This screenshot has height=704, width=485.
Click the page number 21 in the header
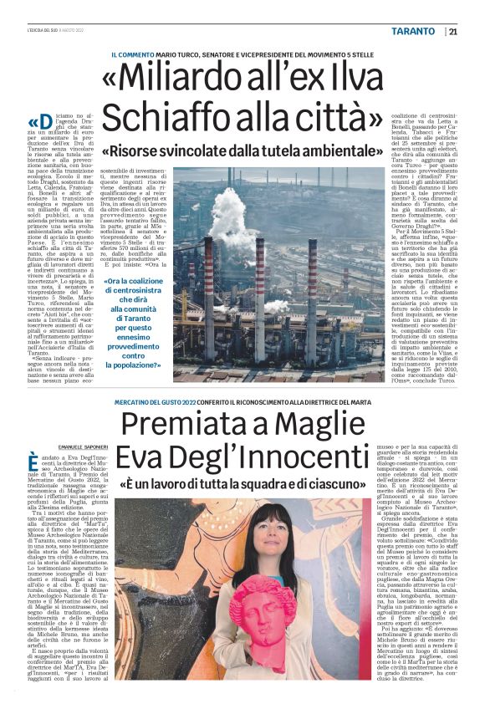pyautogui.click(x=452, y=32)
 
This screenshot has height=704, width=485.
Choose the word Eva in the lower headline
pyautogui.click(x=146, y=459)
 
